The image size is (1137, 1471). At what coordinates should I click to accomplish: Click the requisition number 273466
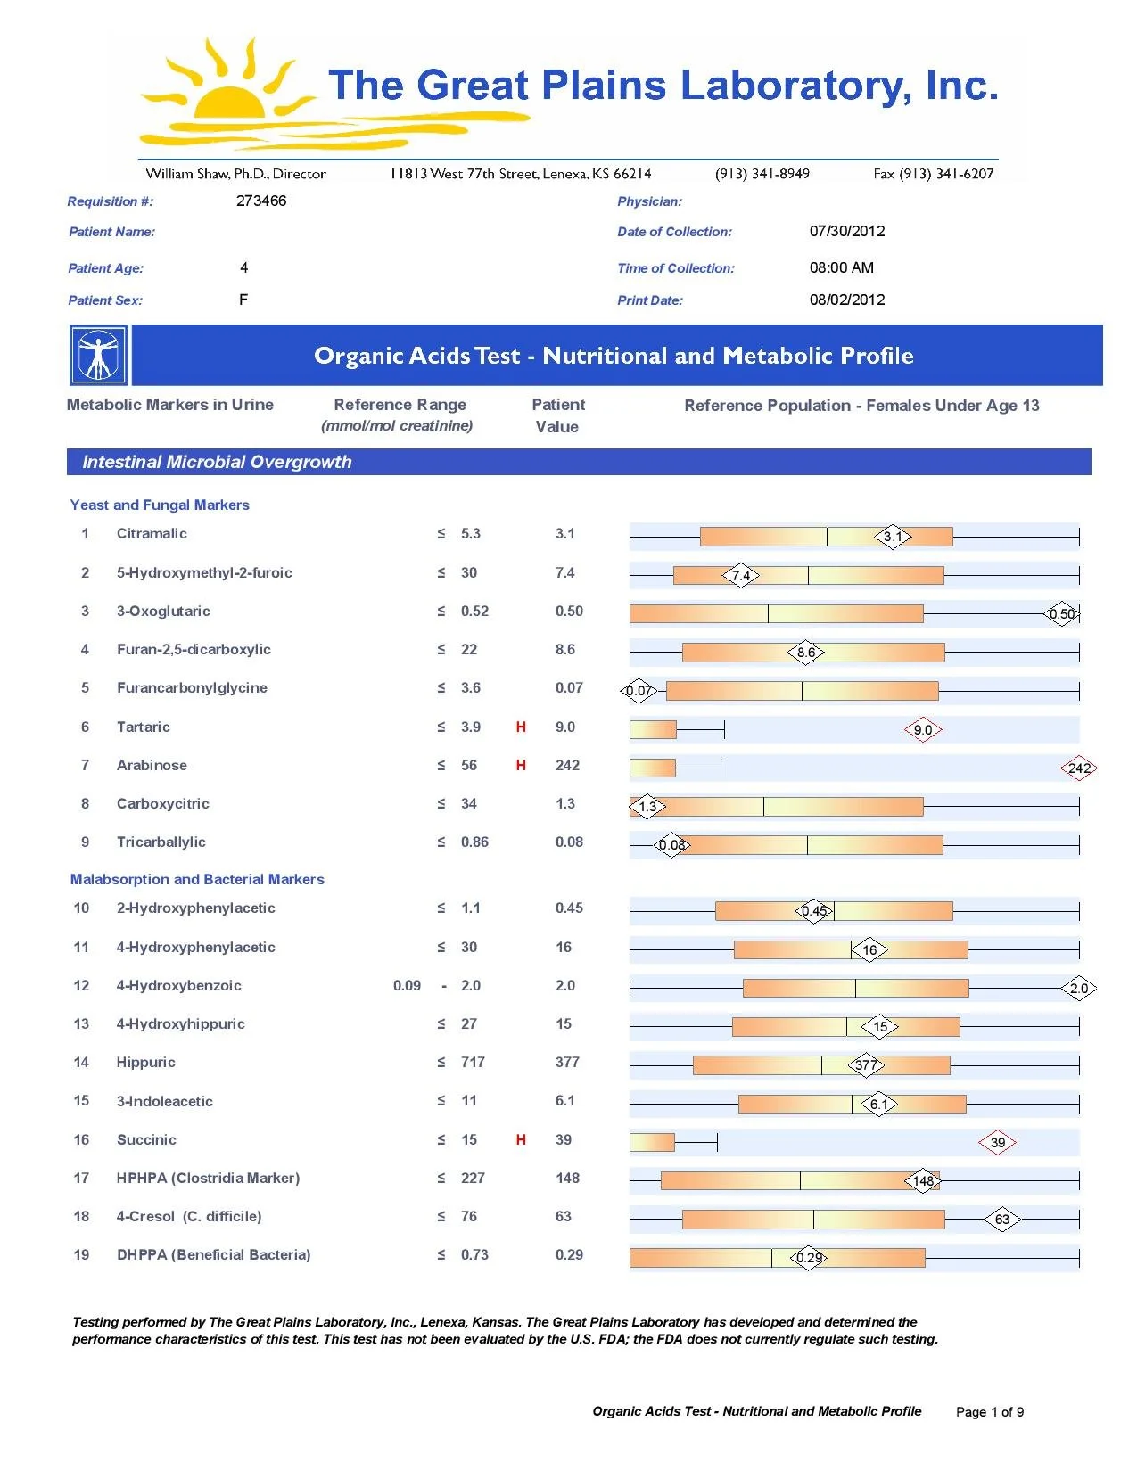pos(261,201)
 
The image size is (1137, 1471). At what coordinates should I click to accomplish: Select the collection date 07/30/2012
pos(847,231)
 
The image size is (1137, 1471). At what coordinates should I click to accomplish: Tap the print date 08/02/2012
pos(847,300)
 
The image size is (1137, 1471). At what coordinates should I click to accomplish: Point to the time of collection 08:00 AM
pos(841,267)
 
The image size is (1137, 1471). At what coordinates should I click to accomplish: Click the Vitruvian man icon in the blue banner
pos(98,355)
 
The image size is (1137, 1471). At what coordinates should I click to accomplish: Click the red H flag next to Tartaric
pos(521,727)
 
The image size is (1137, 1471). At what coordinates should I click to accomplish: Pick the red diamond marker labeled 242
pos(1079,768)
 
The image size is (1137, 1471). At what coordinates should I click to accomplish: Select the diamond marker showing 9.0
pos(923,730)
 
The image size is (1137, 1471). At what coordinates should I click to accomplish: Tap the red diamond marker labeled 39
pos(997,1143)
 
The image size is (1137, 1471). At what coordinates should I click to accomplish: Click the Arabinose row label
pos(152,765)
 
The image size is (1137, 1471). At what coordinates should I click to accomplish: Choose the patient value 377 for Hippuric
pos(567,1062)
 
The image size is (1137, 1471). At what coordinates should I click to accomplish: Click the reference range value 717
pos(473,1062)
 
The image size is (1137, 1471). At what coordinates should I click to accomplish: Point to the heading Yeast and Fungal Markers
pos(160,505)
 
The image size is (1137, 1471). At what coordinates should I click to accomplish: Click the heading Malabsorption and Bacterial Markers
pos(197,879)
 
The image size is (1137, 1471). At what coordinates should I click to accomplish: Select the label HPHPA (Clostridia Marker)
pos(208,1178)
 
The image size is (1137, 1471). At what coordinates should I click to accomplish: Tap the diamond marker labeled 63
pos(1002,1220)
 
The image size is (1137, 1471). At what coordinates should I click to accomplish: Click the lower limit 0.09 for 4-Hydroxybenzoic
pos(407,985)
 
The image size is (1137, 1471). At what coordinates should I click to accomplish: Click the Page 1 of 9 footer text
pos(990,1411)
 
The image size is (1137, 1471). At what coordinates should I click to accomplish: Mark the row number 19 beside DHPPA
pos(81,1254)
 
